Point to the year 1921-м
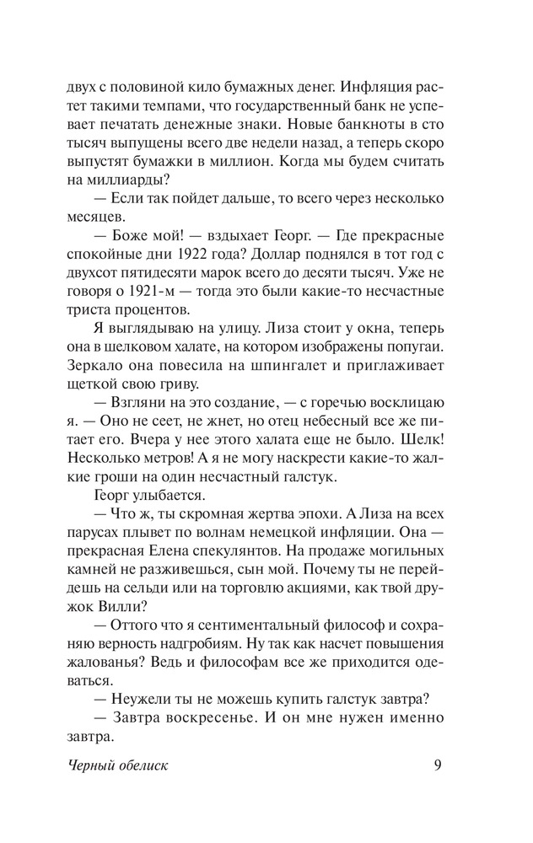[x=193, y=291]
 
